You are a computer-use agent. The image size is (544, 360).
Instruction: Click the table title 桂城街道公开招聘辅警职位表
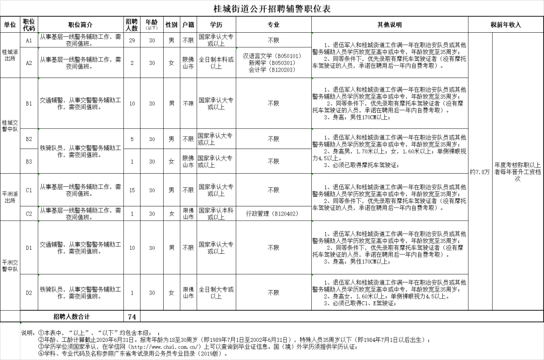tap(272, 9)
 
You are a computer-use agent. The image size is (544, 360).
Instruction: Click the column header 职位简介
tap(80, 25)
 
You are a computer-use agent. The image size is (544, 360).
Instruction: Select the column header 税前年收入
tap(506, 25)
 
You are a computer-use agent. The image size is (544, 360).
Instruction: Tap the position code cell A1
tap(29, 40)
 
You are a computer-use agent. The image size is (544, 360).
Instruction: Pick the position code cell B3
tap(29, 162)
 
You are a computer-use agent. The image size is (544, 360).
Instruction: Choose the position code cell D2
tap(29, 293)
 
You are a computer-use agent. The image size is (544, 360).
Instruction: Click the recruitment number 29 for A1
tap(132, 40)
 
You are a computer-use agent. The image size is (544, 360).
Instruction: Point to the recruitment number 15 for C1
tap(132, 190)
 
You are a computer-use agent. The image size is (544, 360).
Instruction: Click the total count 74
tap(132, 317)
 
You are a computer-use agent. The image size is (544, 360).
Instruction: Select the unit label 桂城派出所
tap(10, 55)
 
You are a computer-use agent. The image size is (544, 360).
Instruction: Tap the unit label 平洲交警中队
tap(10, 265)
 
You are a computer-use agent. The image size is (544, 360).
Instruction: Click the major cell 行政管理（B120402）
tap(273, 213)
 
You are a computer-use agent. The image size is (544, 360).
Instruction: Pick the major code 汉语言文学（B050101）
tap(273, 56)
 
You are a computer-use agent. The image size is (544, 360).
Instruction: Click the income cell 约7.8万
tap(480, 172)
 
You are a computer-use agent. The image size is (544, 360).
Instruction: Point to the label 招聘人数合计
tap(72, 317)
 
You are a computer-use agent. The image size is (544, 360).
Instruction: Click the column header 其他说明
tap(389, 25)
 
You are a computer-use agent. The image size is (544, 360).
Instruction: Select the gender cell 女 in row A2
tap(171, 63)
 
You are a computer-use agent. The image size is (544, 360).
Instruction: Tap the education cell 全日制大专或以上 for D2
tap(216, 293)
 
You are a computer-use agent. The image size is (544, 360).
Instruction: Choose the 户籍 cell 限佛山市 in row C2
tap(188, 213)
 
